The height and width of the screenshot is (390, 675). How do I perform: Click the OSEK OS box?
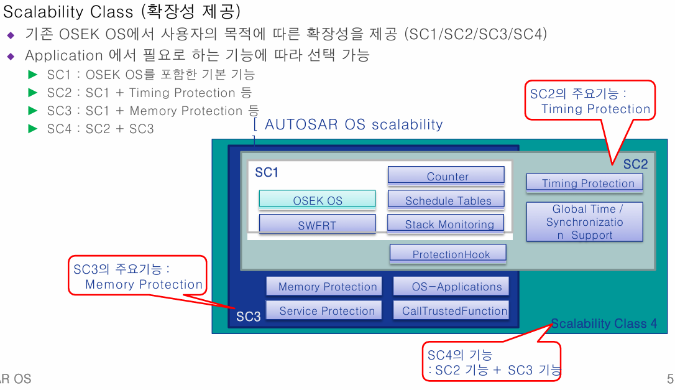[x=317, y=199]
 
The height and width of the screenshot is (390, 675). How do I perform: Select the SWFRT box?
[x=317, y=224]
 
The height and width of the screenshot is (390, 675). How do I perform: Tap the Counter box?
[x=446, y=175]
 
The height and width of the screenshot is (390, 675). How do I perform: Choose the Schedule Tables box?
[x=446, y=200]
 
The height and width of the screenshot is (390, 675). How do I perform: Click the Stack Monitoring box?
[x=446, y=224]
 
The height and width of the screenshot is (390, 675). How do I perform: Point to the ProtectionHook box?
[x=448, y=253]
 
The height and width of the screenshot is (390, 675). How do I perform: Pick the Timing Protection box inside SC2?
[x=584, y=183]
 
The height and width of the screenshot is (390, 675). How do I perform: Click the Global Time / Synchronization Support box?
[x=584, y=222]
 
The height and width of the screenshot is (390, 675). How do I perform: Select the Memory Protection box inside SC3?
[x=324, y=286]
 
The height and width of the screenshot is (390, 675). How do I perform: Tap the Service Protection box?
[x=324, y=310]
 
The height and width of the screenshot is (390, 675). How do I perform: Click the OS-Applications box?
[x=451, y=286]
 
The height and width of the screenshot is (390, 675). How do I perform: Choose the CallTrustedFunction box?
[x=451, y=310]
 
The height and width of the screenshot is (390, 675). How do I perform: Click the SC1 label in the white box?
[x=267, y=173]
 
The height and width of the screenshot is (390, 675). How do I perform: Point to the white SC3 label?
[x=249, y=317]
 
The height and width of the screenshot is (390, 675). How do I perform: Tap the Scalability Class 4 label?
[x=604, y=323]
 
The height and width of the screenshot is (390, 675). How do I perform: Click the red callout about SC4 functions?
[x=492, y=362]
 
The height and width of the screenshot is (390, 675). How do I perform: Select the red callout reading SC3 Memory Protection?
[x=137, y=276]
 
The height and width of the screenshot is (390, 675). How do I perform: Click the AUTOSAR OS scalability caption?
[x=352, y=124]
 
